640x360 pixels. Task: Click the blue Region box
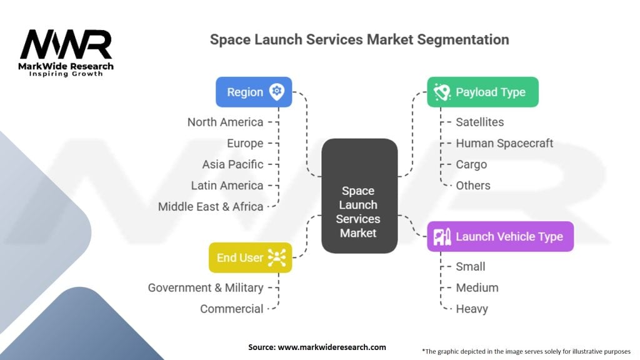pyautogui.click(x=254, y=92)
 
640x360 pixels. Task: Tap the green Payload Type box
pyautogui.click(x=482, y=92)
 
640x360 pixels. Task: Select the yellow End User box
pyautogui.click(x=250, y=257)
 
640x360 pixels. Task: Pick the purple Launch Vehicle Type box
pyautogui.click(x=500, y=236)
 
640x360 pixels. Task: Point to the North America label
pyautogui.click(x=225, y=122)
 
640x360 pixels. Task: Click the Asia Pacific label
pyautogui.click(x=232, y=164)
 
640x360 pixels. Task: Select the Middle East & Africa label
pyautogui.click(x=211, y=206)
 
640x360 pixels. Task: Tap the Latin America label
pyautogui.click(x=227, y=186)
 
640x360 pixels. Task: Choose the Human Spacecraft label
pyautogui.click(x=504, y=143)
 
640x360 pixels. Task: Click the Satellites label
pyautogui.click(x=479, y=122)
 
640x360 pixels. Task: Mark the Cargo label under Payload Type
pyautogui.click(x=471, y=164)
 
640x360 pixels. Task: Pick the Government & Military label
pyautogui.click(x=206, y=287)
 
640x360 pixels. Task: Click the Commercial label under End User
pyautogui.click(x=232, y=309)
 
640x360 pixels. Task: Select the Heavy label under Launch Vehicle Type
pyautogui.click(x=472, y=309)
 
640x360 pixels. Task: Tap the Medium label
pyautogui.click(x=477, y=287)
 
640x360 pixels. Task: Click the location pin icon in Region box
pyautogui.click(x=276, y=92)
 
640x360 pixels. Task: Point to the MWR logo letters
pyautogui.click(x=66, y=45)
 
